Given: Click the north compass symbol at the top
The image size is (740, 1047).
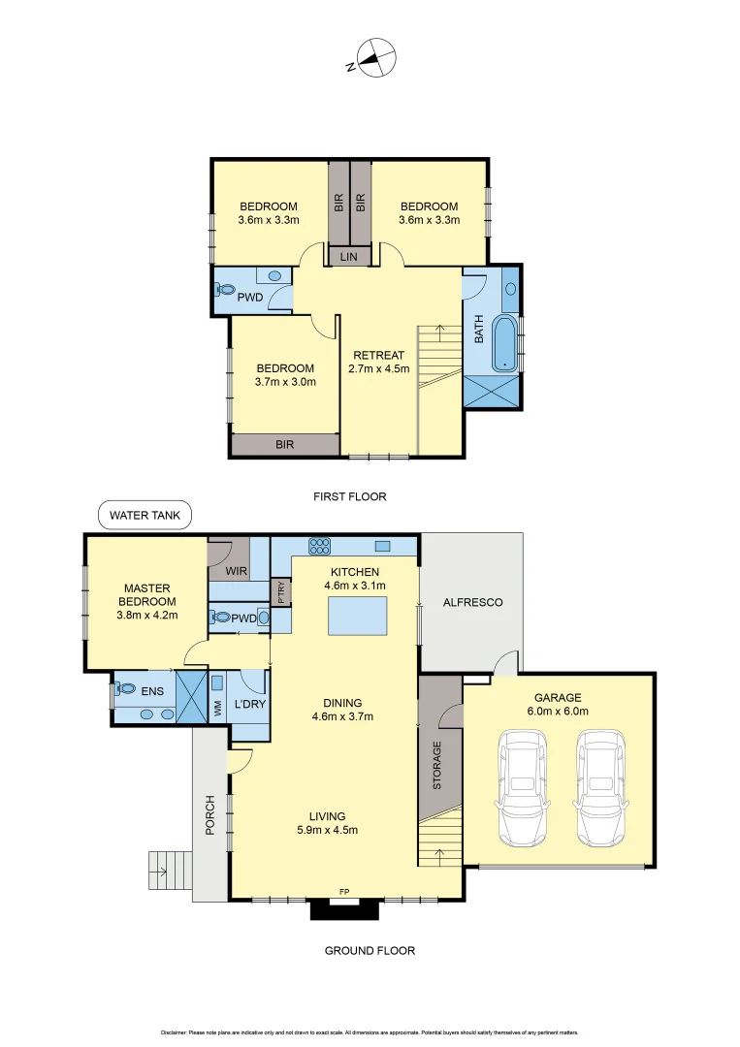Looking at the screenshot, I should [374, 58].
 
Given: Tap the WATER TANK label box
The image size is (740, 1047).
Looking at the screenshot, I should [145, 516].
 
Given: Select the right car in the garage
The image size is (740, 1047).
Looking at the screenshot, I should [599, 787].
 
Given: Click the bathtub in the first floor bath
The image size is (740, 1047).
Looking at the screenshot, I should [504, 342].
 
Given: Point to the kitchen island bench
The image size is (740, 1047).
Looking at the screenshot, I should [357, 617].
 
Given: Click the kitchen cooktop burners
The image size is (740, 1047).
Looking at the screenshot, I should [319, 545].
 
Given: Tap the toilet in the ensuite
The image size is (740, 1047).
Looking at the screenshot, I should [123, 689].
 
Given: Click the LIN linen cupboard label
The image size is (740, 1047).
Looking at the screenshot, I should [349, 256].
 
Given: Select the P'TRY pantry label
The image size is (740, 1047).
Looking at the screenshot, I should [280, 592].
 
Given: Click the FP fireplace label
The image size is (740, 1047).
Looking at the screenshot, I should [344, 891].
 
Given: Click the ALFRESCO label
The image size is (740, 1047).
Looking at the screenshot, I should [472, 602].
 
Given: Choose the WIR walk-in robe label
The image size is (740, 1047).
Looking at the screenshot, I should [237, 572].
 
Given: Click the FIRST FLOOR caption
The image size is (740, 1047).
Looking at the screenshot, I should [349, 496].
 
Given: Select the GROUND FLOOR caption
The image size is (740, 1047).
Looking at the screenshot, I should [369, 950].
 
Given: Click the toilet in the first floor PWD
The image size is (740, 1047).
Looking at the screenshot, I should [226, 289].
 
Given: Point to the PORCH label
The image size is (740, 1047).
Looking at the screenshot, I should [209, 816].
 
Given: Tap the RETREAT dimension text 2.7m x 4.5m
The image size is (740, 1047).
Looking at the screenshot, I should [378, 368].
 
